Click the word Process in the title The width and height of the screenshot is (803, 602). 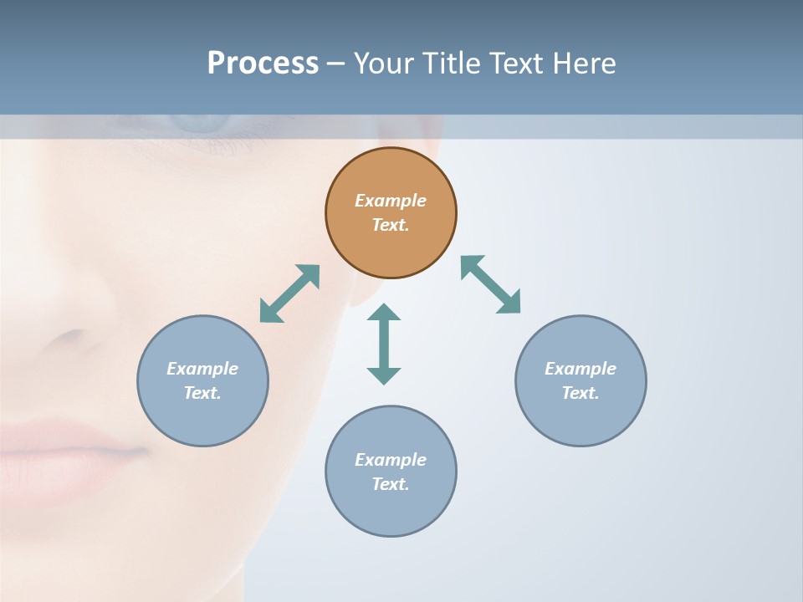click(263, 64)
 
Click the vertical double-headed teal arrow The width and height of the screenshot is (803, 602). click(384, 344)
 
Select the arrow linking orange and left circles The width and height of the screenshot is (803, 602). click(289, 293)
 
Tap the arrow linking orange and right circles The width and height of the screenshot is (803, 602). click(490, 284)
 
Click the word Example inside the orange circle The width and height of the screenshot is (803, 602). click(391, 201)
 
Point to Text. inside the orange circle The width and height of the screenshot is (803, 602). click(391, 225)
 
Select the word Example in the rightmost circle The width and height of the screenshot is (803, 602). click(581, 369)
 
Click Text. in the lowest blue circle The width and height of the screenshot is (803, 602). click(391, 484)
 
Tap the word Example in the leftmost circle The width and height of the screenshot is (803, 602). click(202, 369)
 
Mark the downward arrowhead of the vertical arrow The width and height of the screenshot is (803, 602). click(384, 375)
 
